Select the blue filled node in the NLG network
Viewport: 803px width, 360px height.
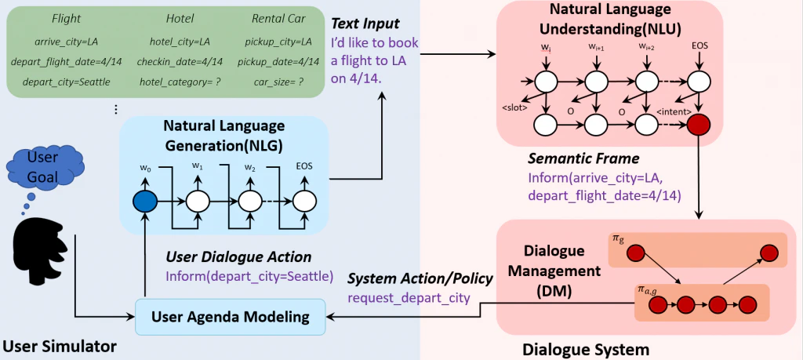coord(146,201)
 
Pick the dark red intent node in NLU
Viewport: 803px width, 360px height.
coord(697,124)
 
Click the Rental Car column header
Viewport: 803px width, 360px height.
coord(280,17)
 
